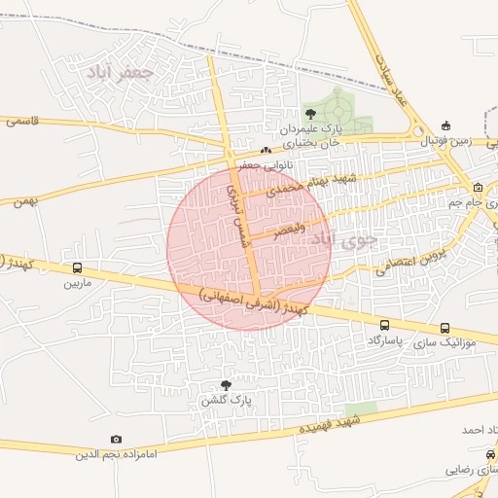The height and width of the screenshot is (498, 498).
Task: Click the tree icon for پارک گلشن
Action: coord(227,385)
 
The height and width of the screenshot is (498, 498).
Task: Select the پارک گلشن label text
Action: coord(227,400)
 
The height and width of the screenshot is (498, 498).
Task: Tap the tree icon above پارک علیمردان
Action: coord(310,114)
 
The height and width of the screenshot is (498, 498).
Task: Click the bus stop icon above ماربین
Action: coord(77,269)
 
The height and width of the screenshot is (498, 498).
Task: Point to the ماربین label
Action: coord(77,284)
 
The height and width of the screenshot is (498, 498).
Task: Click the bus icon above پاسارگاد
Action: coord(385,327)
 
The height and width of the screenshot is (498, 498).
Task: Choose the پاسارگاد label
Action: coord(385,342)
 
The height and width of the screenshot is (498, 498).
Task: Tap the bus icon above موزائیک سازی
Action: coord(445,328)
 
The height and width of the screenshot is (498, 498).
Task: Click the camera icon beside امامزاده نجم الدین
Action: coord(117,440)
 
